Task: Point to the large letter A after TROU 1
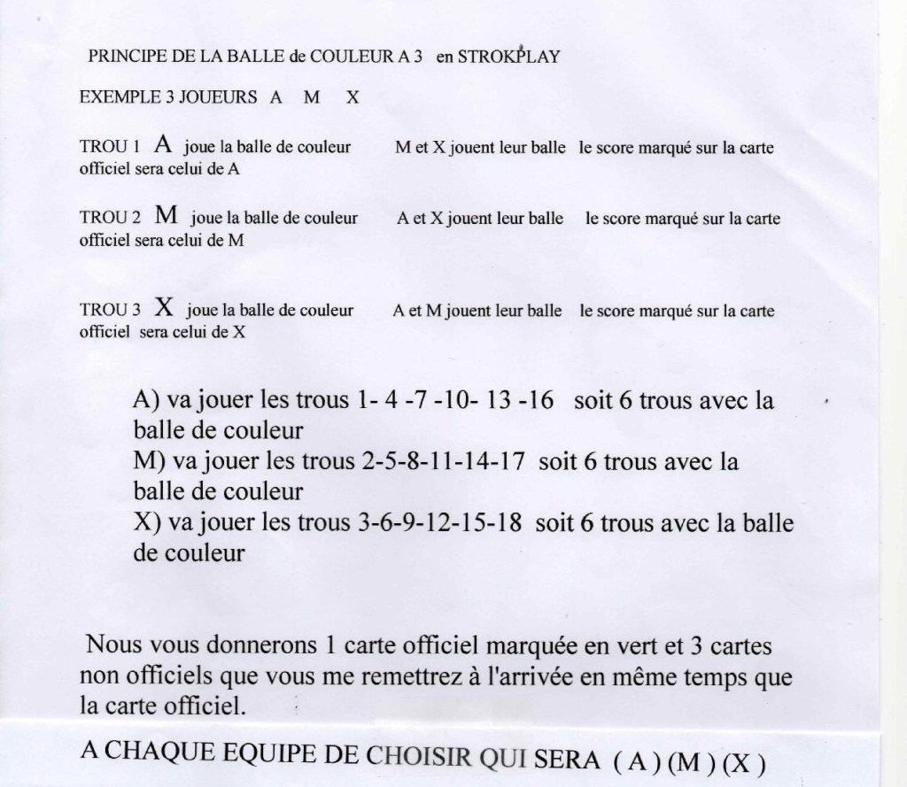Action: coord(162,143)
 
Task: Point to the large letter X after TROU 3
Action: coord(163,307)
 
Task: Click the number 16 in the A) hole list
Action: coord(539,401)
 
